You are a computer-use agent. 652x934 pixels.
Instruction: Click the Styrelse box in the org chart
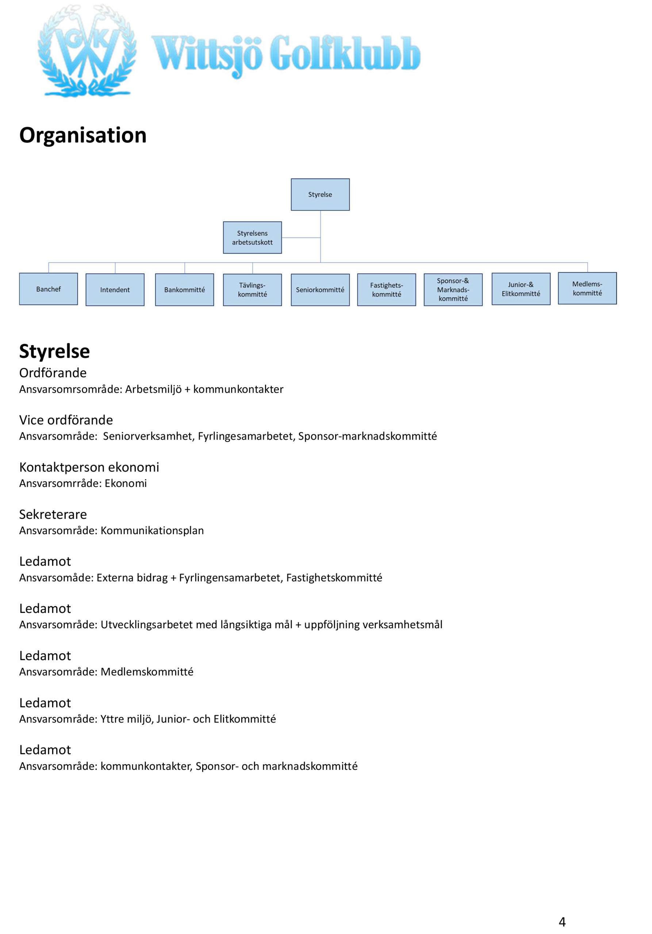click(320, 194)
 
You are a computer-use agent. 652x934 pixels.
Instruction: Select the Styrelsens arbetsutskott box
click(252, 238)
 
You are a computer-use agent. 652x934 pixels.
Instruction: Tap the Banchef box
click(49, 289)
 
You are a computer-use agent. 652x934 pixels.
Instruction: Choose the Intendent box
click(115, 290)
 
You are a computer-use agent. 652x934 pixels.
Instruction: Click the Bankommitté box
click(184, 290)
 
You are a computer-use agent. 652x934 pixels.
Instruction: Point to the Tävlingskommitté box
click(252, 290)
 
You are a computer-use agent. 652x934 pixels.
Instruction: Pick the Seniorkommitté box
click(320, 290)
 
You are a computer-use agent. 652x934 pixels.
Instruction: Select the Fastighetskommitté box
click(386, 290)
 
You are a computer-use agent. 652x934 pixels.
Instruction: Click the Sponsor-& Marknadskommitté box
click(453, 290)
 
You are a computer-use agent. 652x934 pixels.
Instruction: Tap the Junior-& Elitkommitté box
click(521, 289)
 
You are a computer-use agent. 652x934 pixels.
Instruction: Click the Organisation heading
click(83, 135)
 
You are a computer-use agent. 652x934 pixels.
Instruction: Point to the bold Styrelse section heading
click(54, 351)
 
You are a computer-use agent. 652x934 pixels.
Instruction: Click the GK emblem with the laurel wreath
click(87, 51)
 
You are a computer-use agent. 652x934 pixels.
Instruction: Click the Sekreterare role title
click(53, 514)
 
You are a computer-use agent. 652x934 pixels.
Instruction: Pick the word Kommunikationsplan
click(152, 530)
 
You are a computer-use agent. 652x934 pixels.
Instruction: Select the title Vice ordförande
click(66, 420)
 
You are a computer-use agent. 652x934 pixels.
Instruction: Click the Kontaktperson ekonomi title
click(89, 467)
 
